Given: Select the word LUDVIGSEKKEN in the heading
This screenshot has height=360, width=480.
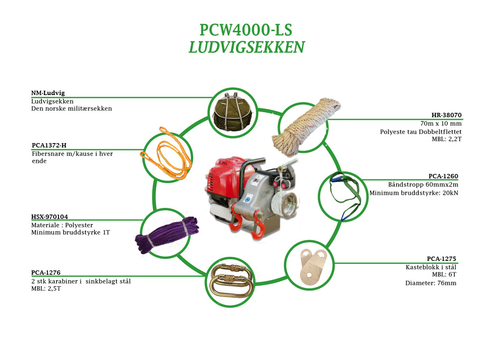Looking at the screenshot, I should coord(246,47).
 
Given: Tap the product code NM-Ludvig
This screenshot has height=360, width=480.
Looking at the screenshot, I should coord(48,93).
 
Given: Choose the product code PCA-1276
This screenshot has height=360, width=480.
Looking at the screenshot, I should coord(46,273).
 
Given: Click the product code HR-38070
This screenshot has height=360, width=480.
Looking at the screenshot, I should coord(446,115).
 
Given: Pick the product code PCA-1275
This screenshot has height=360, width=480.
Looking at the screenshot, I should coord(442,259).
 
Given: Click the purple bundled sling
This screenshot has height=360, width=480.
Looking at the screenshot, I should coord(167,234).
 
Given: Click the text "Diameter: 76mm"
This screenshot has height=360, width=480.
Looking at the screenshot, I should coord(430,283).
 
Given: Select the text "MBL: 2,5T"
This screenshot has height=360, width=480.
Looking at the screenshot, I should coord(46,289).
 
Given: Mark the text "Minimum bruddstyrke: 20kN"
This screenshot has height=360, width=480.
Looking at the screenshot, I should coord(413,193).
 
